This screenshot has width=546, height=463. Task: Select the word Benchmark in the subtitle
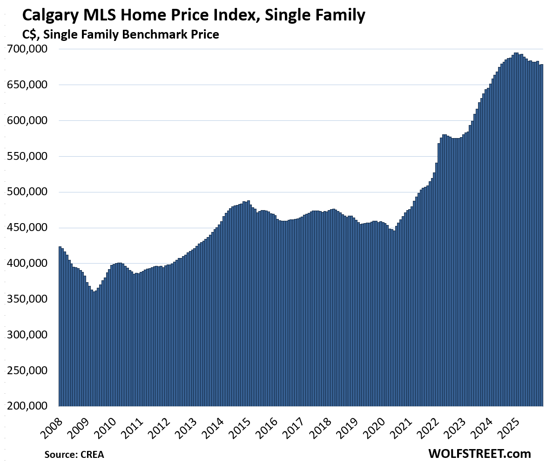pyautogui.click(x=154, y=34)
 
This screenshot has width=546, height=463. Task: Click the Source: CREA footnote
pyautogui.click(x=74, y=454)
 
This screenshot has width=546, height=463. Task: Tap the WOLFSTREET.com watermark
pyautogui.click(x=479, y=453)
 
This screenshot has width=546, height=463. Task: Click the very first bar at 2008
pyautogui.click(x=60, y=325)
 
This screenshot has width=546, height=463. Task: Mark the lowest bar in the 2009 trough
pyautogui.click(x=94, y=349)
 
